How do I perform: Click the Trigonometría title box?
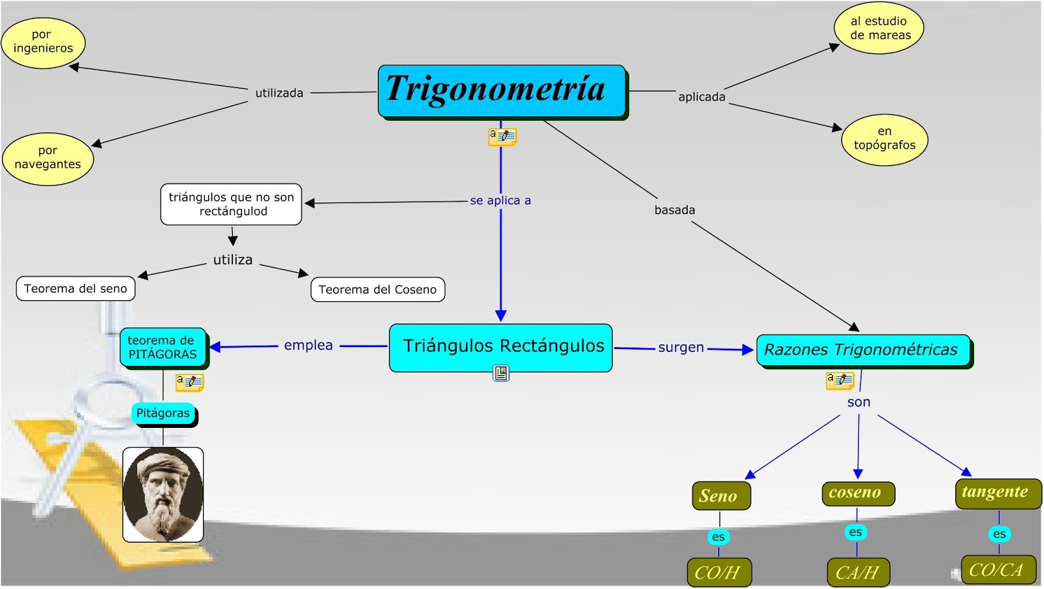coord(501,91)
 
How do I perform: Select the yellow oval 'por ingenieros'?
coord(43,42)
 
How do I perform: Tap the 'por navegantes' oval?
coord(48,159)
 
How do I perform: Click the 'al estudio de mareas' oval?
coord(879,29)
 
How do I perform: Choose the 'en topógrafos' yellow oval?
coord(884,140)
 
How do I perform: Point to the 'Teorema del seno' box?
coord(76,288)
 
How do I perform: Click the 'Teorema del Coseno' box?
coord(378,290)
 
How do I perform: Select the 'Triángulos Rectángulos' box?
coord(500,347)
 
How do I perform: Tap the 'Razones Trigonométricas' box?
coord(863,350)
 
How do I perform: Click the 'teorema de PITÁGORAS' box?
coord(162,348)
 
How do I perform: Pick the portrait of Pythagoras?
coord(163,494)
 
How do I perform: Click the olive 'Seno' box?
coord(720,496)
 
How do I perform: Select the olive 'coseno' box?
coord(857,493)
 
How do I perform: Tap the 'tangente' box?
coord(997,492)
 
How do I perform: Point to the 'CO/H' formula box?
coord(718,572)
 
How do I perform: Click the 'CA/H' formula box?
coord(857,572)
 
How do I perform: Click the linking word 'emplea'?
coord(308,345)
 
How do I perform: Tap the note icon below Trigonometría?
coord(502,136)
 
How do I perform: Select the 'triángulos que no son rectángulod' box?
coord(231,204)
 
